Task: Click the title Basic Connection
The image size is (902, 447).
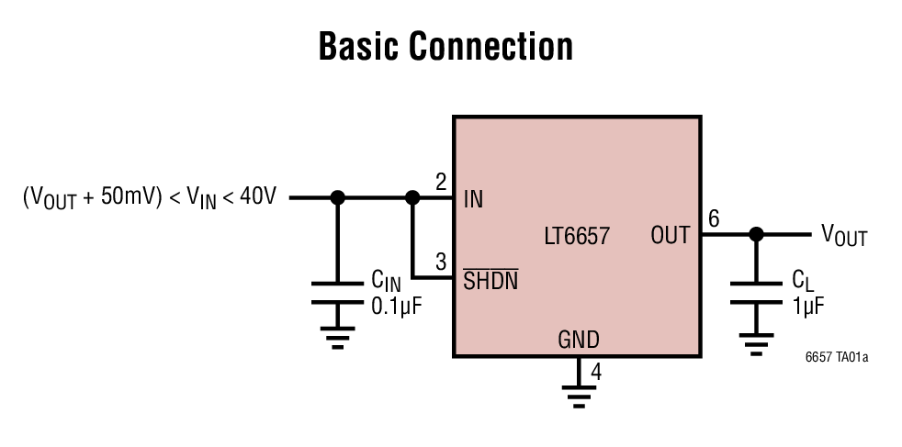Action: pos(445,46)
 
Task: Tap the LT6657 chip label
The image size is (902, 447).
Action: pos(576,236)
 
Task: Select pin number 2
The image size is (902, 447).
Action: pos(441,182)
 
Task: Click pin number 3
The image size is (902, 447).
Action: pos(441,262)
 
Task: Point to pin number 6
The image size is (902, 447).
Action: pos(714,218)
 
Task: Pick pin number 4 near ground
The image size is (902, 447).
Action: pos(596,373)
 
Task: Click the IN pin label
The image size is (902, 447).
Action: pos(474,198)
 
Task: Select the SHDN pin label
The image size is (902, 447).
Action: pos(490,281)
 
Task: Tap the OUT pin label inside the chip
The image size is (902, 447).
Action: pos(670,236)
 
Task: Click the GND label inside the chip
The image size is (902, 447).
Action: pos(579,341)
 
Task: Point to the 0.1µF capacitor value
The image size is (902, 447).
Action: pos(396,307)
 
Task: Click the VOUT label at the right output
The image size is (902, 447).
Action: pos(843,236)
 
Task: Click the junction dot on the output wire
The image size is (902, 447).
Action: pos(756,235)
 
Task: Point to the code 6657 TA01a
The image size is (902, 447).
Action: pos(837,356)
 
